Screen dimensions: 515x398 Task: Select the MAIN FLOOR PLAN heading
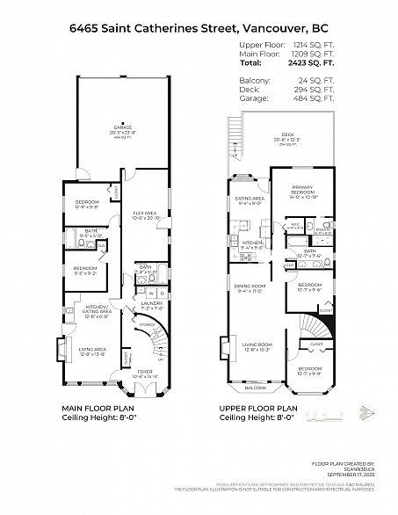point(98,408)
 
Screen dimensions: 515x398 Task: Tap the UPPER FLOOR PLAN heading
point(260,408)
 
